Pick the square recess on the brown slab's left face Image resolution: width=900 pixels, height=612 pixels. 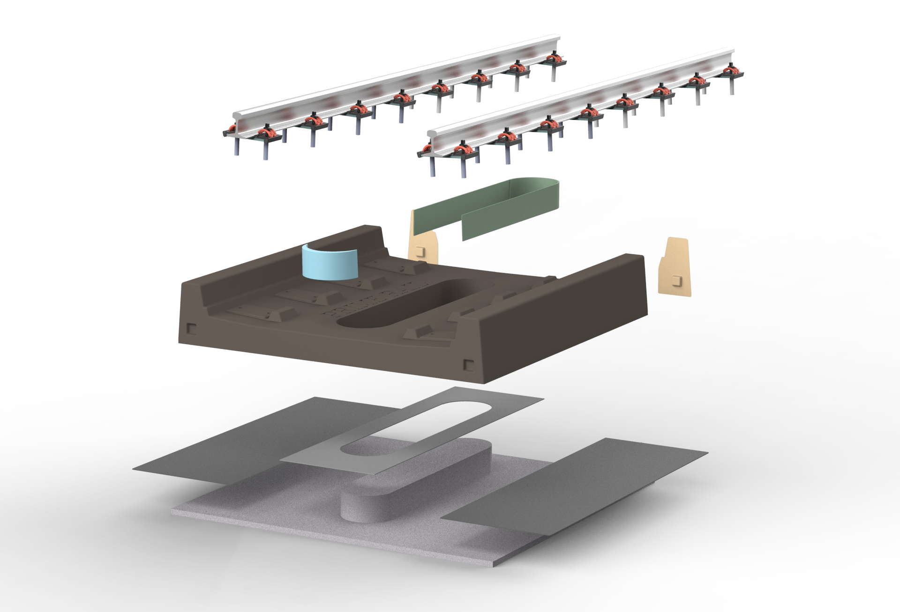(191, 328)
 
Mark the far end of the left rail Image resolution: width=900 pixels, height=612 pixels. (557, 37)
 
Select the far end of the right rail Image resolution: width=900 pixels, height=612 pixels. (731, 51)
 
